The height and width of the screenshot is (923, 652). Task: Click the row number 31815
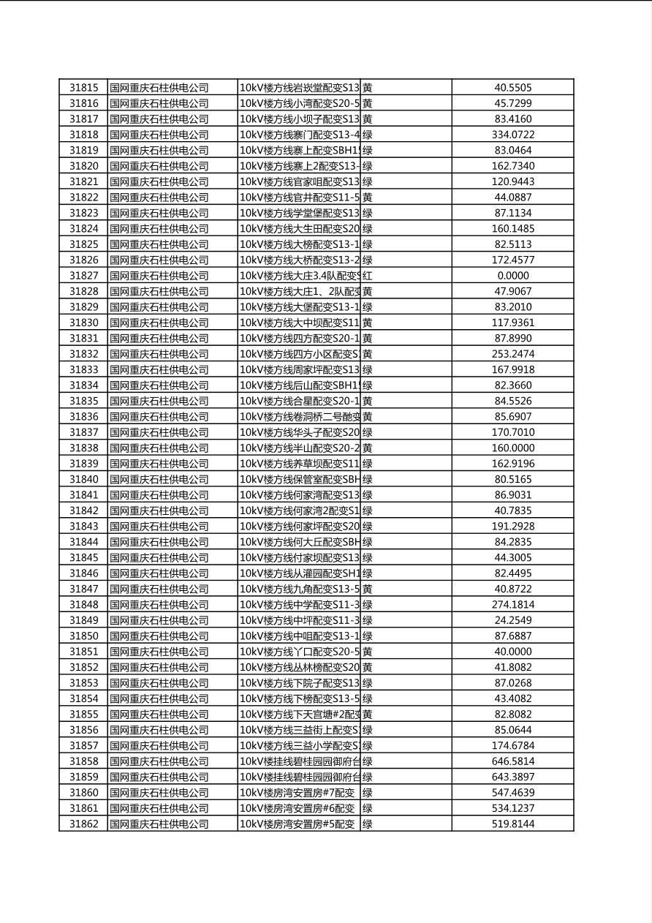pyautogui.click(x=83, y=88)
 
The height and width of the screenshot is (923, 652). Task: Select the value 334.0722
pyautogui.click(x=512, y=135)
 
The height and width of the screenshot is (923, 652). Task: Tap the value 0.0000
pyautogui.click(x=512, y=276)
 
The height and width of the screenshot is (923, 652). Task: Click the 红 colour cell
pyautogui.click(x=368, y=276)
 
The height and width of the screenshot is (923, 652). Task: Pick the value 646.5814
pyautogui.click(x=512, y=761)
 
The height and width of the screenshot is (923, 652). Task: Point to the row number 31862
pyautogui.click(x=83, y=824)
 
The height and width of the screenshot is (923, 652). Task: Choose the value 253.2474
pyautogui.click(x=512, y=354)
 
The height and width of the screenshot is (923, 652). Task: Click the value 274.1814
pyautogui.click(x=512, y=605)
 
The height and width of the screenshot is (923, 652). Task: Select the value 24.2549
pyautogui.click(x=512, y=620)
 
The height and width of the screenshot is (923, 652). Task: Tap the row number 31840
pyautogui.click(x=83, y=480)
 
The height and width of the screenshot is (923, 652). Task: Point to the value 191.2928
pyautogui.click(x=512, y=527)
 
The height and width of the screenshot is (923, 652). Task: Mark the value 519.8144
pyautogui.click(x=512, y=824)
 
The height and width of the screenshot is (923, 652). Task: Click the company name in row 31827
pyautogui.click(x=159, y=276)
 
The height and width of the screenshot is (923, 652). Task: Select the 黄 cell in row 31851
pyautogui.click(x=368, y=652)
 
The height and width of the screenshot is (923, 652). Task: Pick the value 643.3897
pyautogui.click(x=512, y=777)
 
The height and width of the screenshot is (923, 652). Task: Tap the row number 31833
pyautogui.click(x=83, y=370)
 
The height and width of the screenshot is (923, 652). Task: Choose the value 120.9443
pyautogui.click(x=512, y=181)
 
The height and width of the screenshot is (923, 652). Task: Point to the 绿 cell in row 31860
pyautogui.click(x=368, y=793)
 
